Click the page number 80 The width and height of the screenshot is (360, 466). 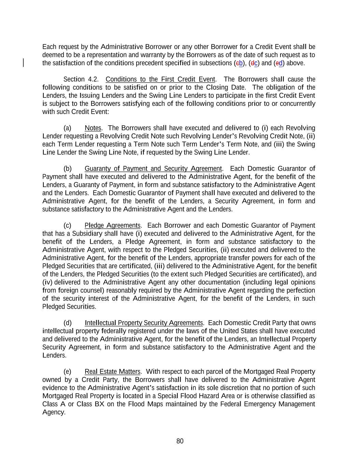coord(180,441)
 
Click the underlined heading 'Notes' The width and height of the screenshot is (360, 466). coord(93,128)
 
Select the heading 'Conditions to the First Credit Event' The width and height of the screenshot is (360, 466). coord(160,80)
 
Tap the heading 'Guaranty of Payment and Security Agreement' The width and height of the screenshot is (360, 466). coord(153,169)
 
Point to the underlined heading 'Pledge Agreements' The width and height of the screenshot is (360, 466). coord(112,226)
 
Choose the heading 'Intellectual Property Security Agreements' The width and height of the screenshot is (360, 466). coord(144,323)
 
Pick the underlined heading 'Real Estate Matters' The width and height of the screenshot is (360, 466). coord(112,372)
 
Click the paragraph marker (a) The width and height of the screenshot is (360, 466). coord(68,128)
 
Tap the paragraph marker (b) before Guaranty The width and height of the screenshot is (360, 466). coord(68,169)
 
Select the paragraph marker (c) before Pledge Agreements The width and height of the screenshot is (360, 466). coord(68,226)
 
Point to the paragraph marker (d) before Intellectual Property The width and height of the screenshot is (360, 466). coord(68,323)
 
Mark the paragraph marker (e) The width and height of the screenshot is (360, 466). coord(68,372)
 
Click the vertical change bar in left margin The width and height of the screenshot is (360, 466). coord(23,63)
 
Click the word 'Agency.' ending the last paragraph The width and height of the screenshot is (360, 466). coord(54,412)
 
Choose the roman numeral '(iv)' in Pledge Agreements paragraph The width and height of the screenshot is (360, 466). coord(47,282)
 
